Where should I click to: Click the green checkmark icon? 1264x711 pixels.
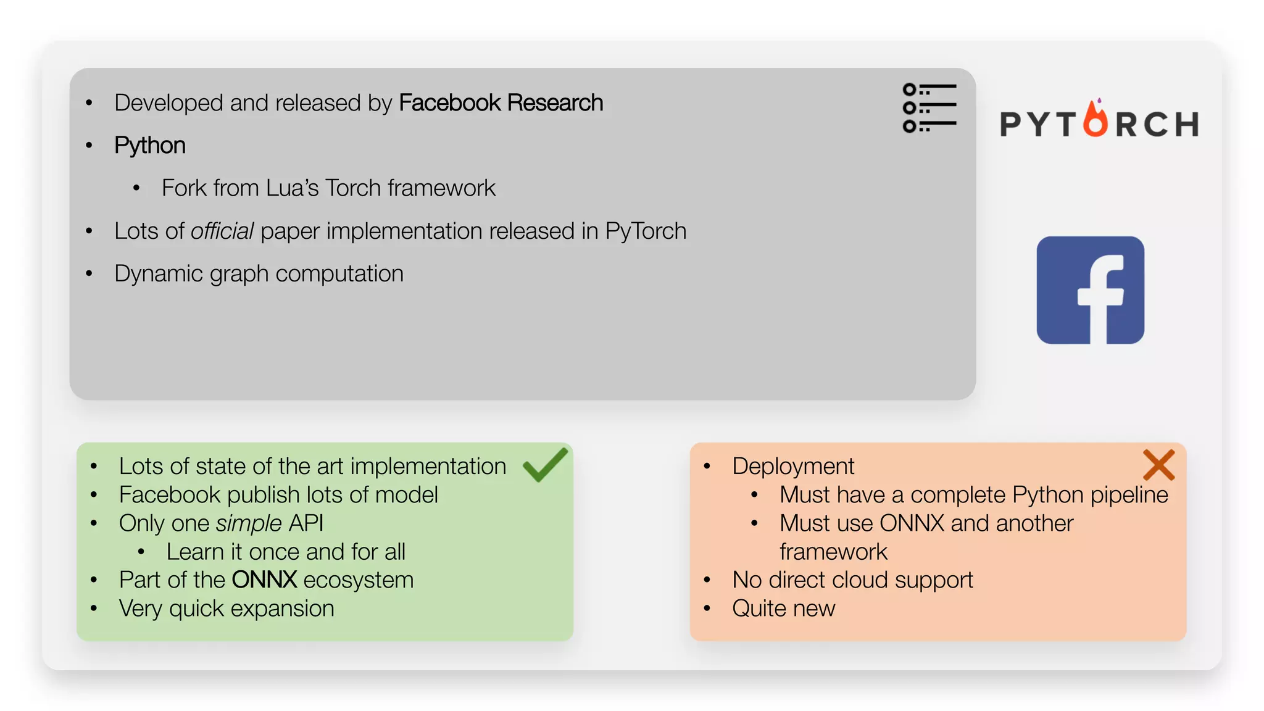coord(544,465)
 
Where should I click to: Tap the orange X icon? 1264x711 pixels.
coord(1158,465)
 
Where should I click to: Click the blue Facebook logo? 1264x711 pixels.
coord(1090,290)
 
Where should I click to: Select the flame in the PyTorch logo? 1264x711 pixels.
coord(1096,119)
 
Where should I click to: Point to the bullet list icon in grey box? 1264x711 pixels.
coord(929,108)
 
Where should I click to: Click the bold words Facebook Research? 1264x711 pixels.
coord(501,102)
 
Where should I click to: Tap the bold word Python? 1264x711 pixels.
coord(150,145)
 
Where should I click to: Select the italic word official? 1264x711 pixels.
coord(222,231)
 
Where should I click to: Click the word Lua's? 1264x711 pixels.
coord(292,188)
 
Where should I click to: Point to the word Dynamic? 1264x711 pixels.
coord(159,273)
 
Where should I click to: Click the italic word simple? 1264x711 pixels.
coord(249,523)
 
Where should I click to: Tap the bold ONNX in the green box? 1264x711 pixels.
coord(264,580)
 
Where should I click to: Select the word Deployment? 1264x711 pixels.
coord(793,466)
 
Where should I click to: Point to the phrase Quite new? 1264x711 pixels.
coord(783,609)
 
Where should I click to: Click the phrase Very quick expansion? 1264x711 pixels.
coord(227,609)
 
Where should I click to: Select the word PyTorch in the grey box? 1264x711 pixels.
coord(645,231)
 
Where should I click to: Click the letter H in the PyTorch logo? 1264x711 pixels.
coord(1186,124)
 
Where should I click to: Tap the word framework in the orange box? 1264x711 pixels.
coord(833,552)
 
